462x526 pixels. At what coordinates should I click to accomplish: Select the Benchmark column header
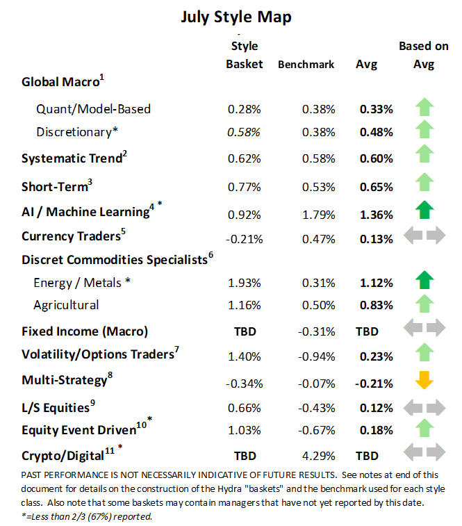tap(306, 65)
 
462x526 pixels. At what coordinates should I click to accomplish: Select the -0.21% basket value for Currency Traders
tap(244, 239)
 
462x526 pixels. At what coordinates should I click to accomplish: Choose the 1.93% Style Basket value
tap(244, 283)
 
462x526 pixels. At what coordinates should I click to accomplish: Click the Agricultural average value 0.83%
tap(376, 305)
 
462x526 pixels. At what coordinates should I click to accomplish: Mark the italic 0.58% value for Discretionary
tap(244, 132)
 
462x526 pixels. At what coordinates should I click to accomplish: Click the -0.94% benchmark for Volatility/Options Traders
tap(318, 356)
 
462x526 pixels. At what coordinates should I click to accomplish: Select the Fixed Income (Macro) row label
tap(85, 331)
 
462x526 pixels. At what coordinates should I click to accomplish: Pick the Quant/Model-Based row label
tap(94, 109)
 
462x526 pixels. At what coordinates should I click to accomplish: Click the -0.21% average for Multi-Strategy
tap(374, 383)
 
